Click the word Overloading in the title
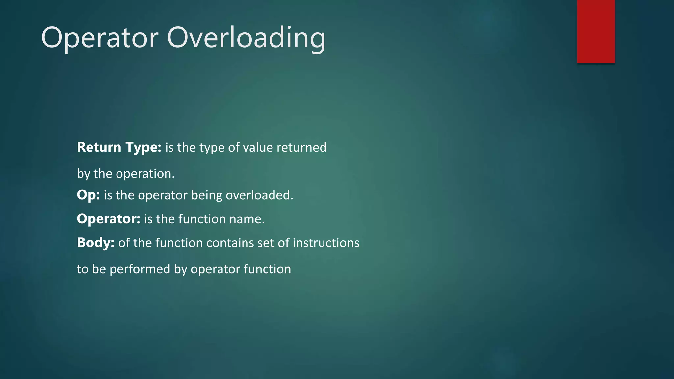(246, 38)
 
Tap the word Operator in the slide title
(100, 38)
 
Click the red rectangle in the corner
(596, 31)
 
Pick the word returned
(301, 147)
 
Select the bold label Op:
(88, 195)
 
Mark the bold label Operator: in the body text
(109, 219)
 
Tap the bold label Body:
(95, 243)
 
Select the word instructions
(326, 243)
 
